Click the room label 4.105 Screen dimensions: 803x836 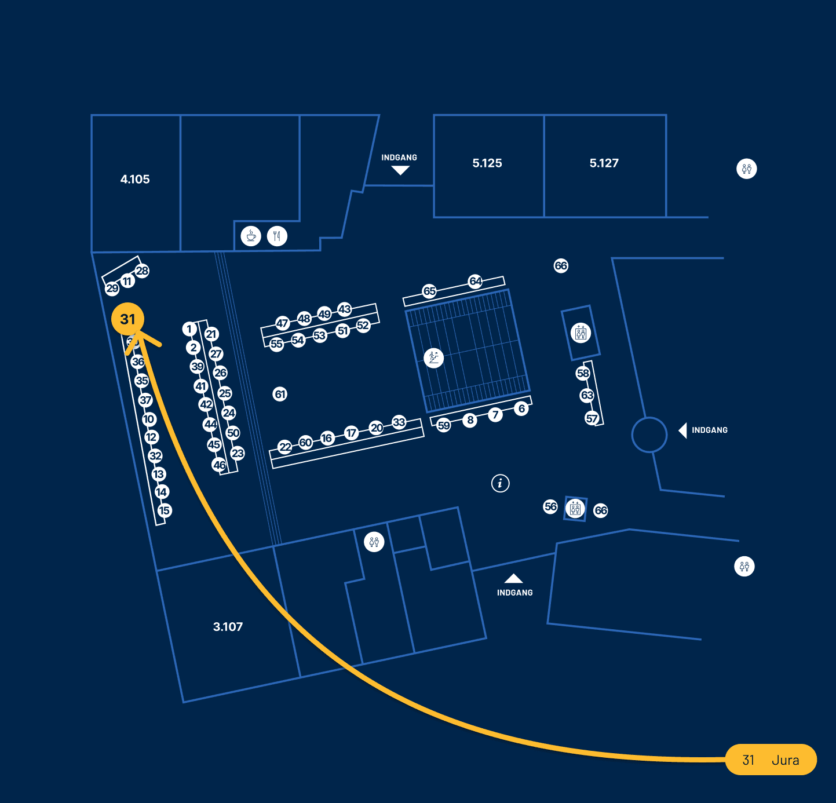pos(135,180)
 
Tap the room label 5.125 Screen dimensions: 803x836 pos(487,163)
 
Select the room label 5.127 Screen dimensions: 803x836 pos(604,163)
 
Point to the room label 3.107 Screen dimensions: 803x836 pos(228,627)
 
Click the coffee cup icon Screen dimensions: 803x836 pos(251,236)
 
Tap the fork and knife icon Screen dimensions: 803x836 pos(277,236)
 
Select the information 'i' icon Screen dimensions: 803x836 pos(501,483)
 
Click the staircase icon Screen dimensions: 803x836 pos(433,357)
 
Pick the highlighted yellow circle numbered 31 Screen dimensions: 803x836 pos(127,319)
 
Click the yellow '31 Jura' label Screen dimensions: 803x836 pos(771,760)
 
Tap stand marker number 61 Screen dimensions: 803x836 pos(280,395)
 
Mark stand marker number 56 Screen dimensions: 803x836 pos(550,507)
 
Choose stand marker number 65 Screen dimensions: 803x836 pos(429,291)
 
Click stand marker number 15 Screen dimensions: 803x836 pos(165,510)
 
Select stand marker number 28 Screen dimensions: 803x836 pos(142,271)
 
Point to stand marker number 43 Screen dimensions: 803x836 pos(345,309)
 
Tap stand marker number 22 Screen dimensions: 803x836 pos(285,447)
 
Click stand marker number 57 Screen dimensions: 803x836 pos(592,418)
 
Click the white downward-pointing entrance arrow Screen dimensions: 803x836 pos(400,170)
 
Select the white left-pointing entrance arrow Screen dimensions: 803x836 pos(682,430)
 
